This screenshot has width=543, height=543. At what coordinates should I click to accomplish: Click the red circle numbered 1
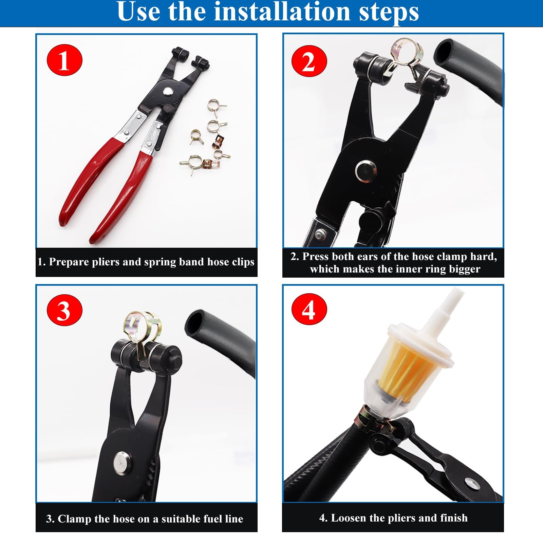(64, 60)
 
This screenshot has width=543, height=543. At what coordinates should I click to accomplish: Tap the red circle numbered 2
(309, 61)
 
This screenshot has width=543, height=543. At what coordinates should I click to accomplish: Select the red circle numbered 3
(64, 310)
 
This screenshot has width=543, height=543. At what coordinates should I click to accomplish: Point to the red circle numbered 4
(309, 309)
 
